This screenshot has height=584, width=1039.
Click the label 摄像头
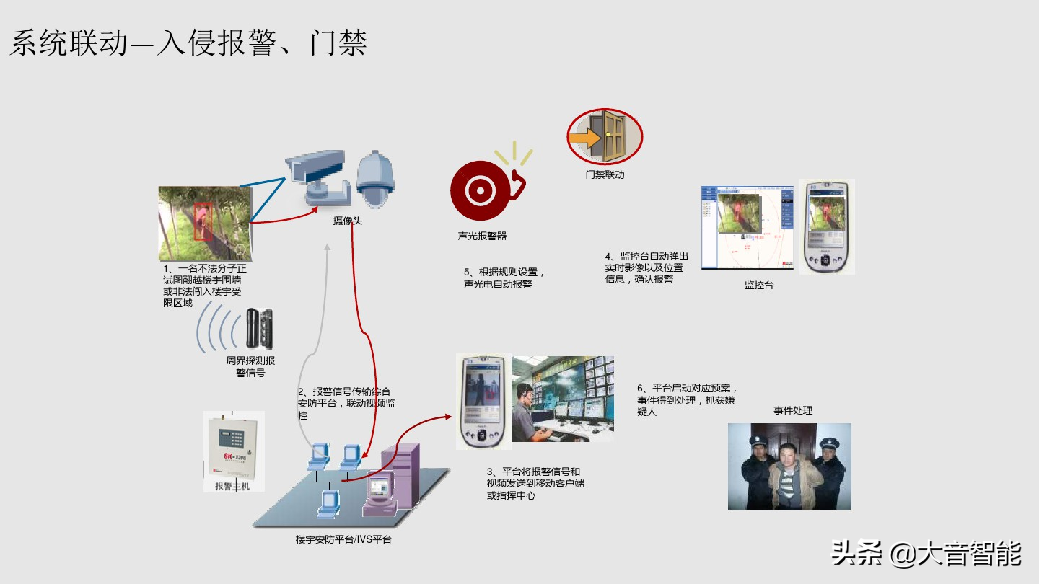pos(347,221)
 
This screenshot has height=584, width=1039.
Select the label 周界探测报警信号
pos(251,366)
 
